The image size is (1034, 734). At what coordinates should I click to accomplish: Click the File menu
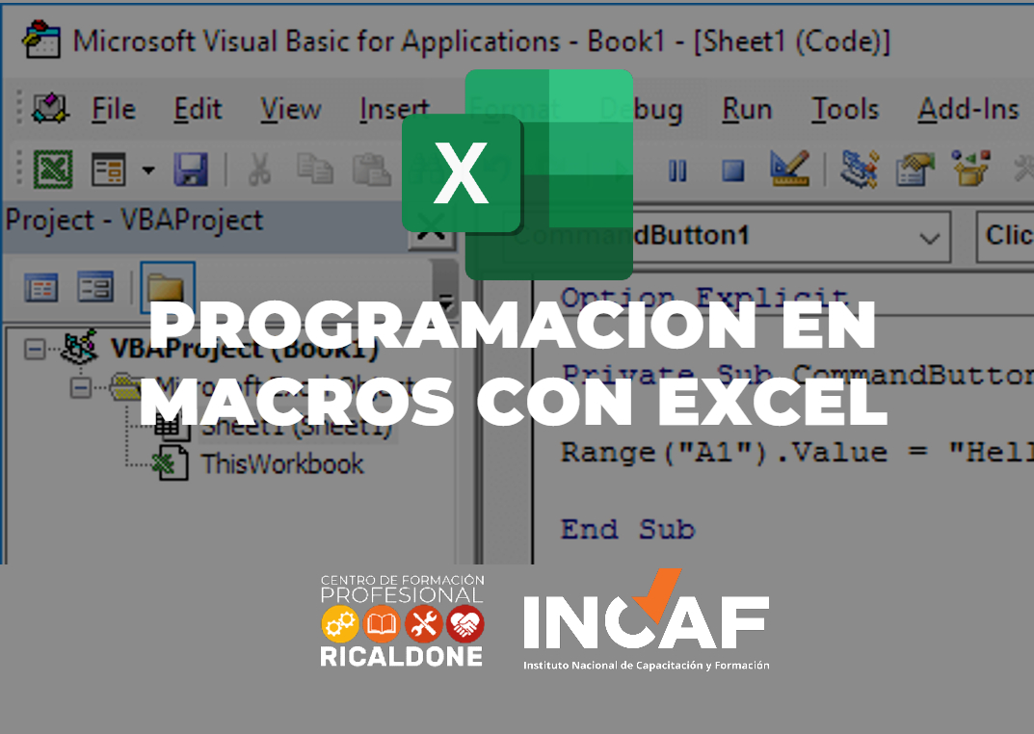pyautogui.click(x=113, y=110)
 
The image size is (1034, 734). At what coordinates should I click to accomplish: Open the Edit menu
pyautogui.click(x=198, y=110)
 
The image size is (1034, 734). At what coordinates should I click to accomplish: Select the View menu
pyautogui.click(x=290, y=110)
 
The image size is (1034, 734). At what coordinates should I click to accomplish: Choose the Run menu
pyautogui.click(x=747, y=110)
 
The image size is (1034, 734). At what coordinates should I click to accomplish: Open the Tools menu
pyautogui.click(x=844, y=110)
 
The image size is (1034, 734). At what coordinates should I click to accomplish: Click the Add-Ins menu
pyautogui.click(x=968, y=110)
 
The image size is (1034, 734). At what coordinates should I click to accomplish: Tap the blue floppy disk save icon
pyautogui.click(x=191, y=170)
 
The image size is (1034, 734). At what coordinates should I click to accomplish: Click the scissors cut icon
pyautogui.click(x=259, y=170)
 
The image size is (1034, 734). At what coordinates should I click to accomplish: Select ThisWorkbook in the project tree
pyautogui.click(x=281, y=464)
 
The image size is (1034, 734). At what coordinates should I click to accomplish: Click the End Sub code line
pyautogui.click(x=627, y=529)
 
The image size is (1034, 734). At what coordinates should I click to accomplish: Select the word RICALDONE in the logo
pyautogui.click(x=402, y=657)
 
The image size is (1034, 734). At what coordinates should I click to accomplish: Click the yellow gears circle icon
pyautogui.click(x=340, y=624)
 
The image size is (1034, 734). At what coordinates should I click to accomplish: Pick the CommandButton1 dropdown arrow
pyautogui.click(x=929, y=237)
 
